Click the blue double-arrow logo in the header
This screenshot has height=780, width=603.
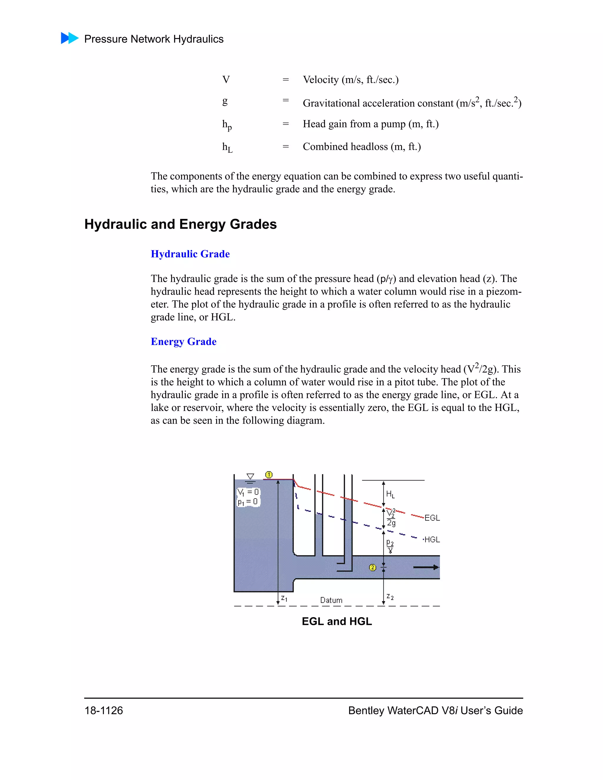coord(69,38)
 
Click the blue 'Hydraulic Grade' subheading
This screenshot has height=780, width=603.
coord(190,254)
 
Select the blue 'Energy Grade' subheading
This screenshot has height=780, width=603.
coord(184,342)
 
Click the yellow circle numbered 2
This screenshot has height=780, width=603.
coord(372,567)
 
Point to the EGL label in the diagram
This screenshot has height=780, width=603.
coord(432,518)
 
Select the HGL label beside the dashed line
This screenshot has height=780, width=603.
coord(432,540)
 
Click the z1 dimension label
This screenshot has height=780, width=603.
coord(284,598)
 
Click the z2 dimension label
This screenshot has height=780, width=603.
coord(390,597)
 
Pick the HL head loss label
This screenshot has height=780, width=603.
coord(390,494)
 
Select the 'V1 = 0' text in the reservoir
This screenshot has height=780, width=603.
coord(248,492)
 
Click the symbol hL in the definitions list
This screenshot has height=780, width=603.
coord(227,147)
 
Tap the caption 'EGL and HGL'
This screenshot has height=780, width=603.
coord(337,621)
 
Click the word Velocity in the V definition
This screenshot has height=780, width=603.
coord(320,80)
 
